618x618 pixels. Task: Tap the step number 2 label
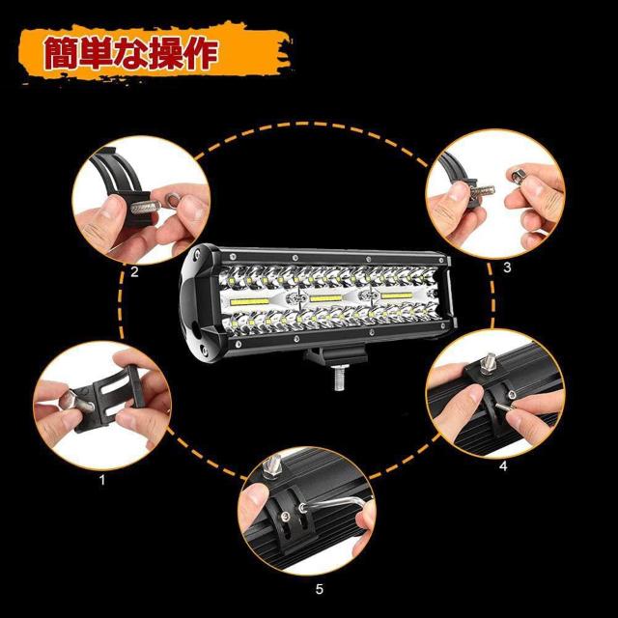pyautogui.click(x=134, y=271)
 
